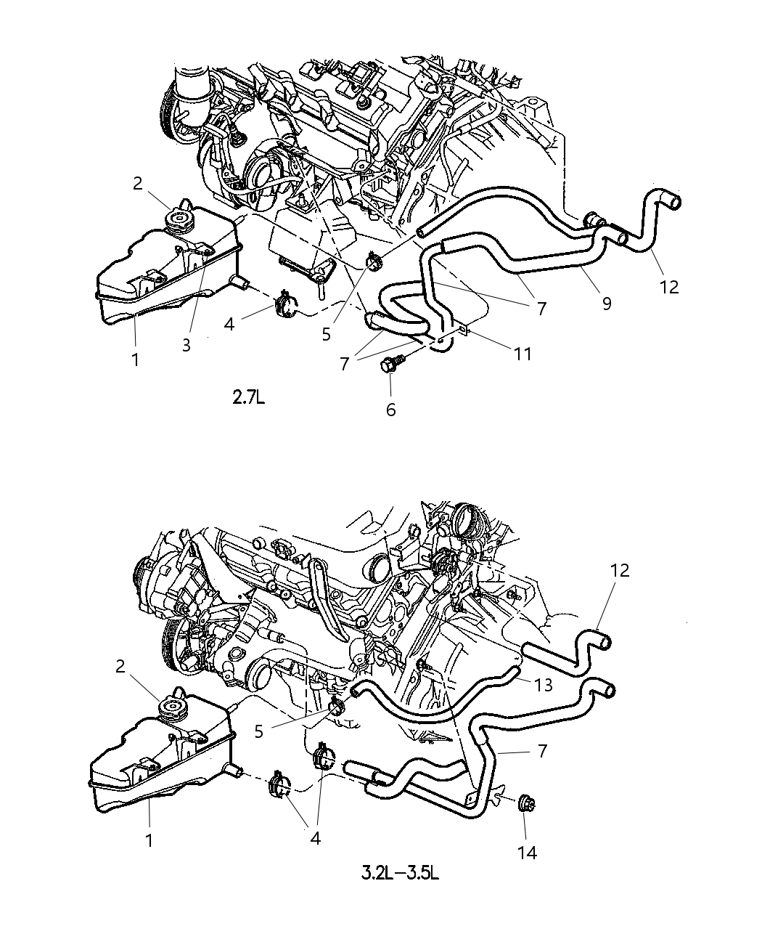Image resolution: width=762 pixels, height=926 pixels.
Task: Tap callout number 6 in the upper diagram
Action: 390,410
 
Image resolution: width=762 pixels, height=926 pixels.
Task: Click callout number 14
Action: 528,852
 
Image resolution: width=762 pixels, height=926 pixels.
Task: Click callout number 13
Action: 543,684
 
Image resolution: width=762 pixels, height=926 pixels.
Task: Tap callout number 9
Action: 606,302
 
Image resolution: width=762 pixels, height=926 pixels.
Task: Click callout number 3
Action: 187,346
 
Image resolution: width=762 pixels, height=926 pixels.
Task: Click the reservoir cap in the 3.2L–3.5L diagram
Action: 174,706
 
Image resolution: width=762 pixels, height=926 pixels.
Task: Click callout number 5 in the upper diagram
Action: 326,334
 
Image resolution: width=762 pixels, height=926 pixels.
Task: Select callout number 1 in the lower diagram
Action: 149,840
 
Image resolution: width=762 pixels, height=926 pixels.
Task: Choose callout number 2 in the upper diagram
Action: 138,183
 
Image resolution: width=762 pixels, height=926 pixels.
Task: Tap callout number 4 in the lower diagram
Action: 315,837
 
